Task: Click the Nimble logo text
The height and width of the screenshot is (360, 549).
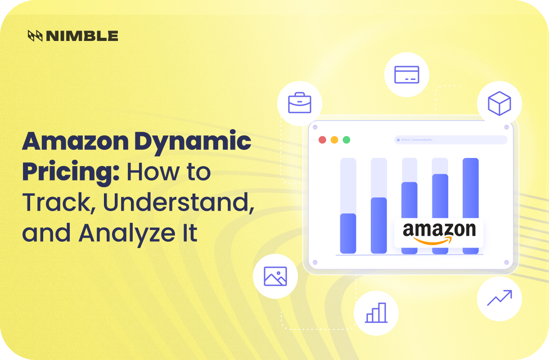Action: pos(81,36)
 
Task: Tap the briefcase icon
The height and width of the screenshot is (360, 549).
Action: pos(300,103)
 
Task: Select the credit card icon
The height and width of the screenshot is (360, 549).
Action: pos(406,74)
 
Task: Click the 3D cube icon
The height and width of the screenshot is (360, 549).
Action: pos(499,103)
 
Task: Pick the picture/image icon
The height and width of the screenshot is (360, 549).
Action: pos(275,276)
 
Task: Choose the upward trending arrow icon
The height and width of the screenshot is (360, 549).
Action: pos(499,298)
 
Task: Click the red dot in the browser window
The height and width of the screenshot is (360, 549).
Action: pos(322,139)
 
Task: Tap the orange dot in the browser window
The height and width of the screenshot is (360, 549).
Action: pos(334,139)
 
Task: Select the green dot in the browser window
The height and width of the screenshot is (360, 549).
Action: pos(346,139)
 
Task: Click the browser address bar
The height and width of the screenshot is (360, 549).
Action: pos(450,140)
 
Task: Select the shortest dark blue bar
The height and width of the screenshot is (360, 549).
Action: pos(348,233)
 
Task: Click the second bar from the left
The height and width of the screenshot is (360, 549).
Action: pos(378,225)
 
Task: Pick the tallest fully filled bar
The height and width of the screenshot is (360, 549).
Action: pos(470,189)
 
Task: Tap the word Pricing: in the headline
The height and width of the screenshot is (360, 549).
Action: pos(71,173)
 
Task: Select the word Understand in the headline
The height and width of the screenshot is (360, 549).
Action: pos(176,203)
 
